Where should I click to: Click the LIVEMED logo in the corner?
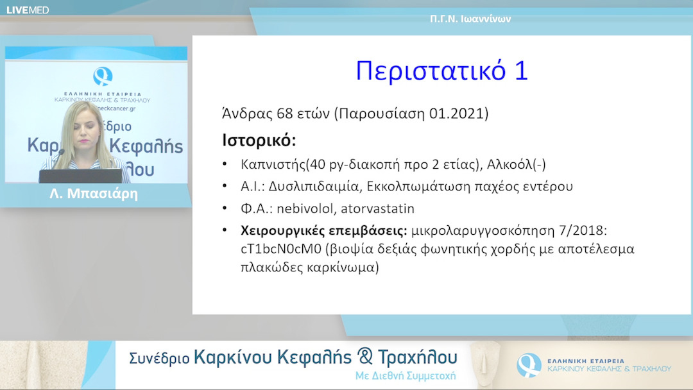(28, 10)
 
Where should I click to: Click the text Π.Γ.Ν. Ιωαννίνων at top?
(470, 19)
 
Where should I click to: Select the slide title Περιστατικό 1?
(441, 71)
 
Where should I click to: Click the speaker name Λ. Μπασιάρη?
(94, 194)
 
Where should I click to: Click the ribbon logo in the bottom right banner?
(529, 365)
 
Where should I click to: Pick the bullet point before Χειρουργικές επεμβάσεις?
(224, 230)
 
